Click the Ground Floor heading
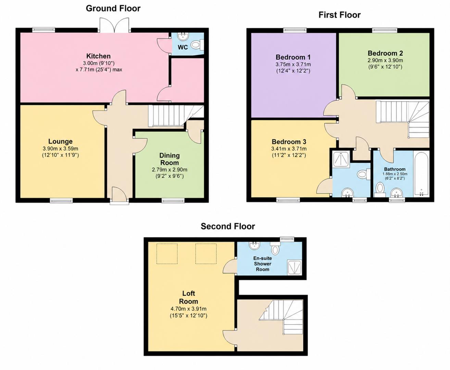(113, 9)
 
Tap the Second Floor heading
(228, 226)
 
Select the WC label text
(183, 47)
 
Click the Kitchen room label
(98, 56)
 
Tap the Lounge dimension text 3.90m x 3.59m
(60, 148)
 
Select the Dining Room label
(170, 159)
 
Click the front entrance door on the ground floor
(120, 195)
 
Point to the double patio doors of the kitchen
(115, 25)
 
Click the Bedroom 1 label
(293, 57)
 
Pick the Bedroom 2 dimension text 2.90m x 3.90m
(385, 60)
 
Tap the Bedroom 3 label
(289, 142)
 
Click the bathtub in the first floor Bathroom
(421, 174)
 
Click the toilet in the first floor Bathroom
(380, 189)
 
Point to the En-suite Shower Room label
(262, 264)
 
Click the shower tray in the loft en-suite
(295, 267)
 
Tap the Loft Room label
(188, 297)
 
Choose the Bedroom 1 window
(295, 30)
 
